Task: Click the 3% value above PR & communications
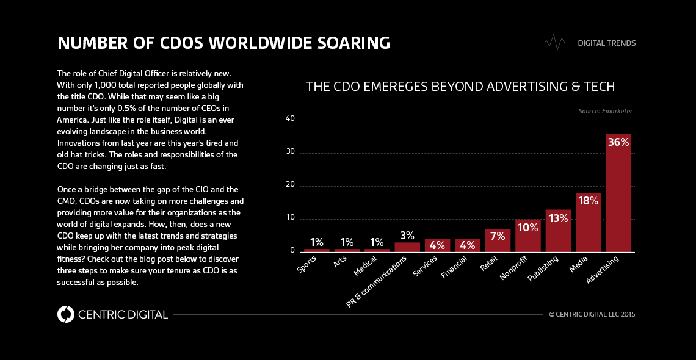point(407,236)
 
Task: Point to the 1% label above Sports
point(316,242)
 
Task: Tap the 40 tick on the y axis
point(290,119)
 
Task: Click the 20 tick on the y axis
point(290,185)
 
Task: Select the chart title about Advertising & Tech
point(460,86)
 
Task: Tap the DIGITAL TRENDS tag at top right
point(606,43)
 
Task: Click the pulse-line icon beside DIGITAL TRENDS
point(555,42)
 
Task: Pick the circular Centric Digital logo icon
point(65,314)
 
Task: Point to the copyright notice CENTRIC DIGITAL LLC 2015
point(592,315)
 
